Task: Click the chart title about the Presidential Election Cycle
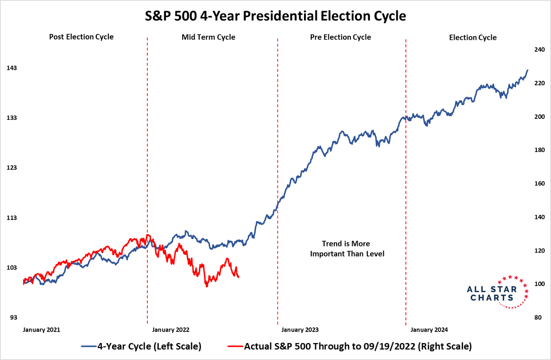[275, 17]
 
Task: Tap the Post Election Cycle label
[81, 37]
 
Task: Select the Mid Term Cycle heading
[208, 37]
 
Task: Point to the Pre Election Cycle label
[341, 37]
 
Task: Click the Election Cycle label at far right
[472, 38]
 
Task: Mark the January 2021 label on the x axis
[42, 330]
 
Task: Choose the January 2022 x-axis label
[170, 330]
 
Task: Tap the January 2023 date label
[300, 330]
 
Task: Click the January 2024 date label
[429, 330]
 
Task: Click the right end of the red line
[239, 276]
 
